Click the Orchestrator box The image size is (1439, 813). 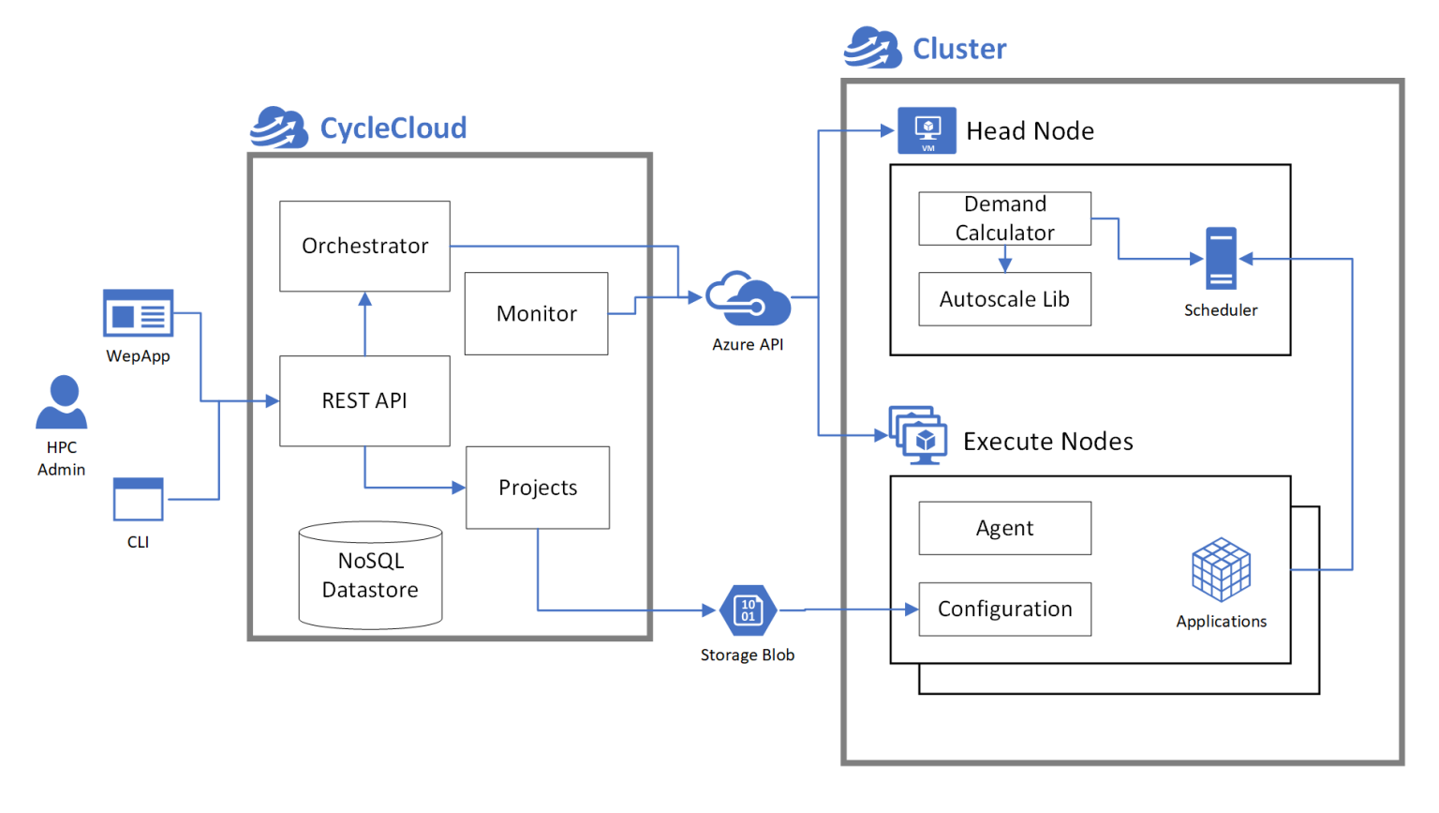(x=364, y=246)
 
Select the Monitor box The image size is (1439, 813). (x=536, y=313)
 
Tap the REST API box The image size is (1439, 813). (x=364, y=400)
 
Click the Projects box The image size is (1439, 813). (x=537, y=488)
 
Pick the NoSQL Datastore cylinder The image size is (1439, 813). (x=370, y=575)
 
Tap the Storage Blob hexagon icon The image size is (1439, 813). (x=748, y=610)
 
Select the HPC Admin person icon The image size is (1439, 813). (x=62, y=403)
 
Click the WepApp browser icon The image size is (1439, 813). (x=138, y=313)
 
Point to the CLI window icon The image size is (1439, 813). (x=138, y=499)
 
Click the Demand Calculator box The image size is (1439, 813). (x=1004, y=218)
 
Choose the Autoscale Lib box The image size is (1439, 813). (x=1004, y=299)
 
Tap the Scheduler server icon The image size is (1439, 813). (x=1221, y=258)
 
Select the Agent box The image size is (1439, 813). (x=1004, y=528)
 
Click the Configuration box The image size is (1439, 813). (x=1004, y=609)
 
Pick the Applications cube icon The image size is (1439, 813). (x=1221, y=569)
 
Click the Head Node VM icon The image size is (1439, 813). (x=927, y=130)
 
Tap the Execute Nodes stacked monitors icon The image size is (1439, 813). (x=918, y=435)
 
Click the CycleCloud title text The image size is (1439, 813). (x=393, y=128)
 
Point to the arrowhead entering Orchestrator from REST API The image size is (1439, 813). (x=364, y=299)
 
